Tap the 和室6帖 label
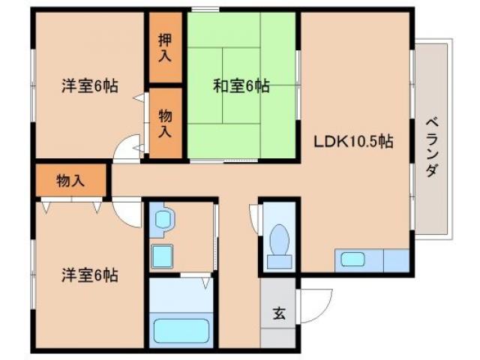241,85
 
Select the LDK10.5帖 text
354,140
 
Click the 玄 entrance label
279,313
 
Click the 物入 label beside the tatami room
165,122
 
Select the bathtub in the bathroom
181,330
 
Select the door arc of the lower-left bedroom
129,214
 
